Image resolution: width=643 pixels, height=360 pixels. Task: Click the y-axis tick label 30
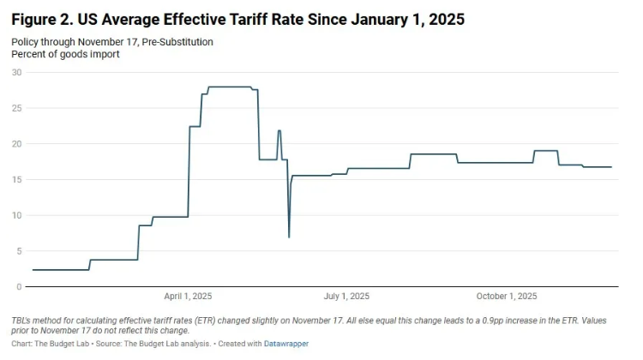pyautogui.click(x=16, y=72)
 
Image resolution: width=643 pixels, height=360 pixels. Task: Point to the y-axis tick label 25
pyautogui.click(x=16, y=108)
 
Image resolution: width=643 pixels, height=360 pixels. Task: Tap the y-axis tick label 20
pyautogui.click(x=16, y=143)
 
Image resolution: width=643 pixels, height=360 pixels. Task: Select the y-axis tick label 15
pyautogui.click(x=16, y=179)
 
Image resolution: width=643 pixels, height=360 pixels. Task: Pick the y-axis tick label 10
pyautogui.click(x=16, y=215)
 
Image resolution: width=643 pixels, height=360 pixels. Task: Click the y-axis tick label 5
pyautogui.click(x=19, y=250)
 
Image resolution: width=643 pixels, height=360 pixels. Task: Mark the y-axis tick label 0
pyautogui.click(x=19, y=286)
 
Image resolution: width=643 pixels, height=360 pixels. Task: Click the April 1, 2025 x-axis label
pyautogui.click(x=188, y=297)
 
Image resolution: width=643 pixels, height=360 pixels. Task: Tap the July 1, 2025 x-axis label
pyautogui.click(x=346, y=297)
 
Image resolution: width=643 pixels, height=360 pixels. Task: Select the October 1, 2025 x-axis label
pyautogui.click(x=507, y=297)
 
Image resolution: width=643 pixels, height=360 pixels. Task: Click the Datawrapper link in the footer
pyautogui.click(x=286, y=344)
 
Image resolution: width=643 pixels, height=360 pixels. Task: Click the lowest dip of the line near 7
pyautogui.click(x=289, y=237)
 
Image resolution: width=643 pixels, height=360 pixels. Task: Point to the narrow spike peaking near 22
pyautogui.click(x=279, y=131)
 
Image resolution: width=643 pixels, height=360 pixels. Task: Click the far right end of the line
pyautogui.click(x=611, y=167)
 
